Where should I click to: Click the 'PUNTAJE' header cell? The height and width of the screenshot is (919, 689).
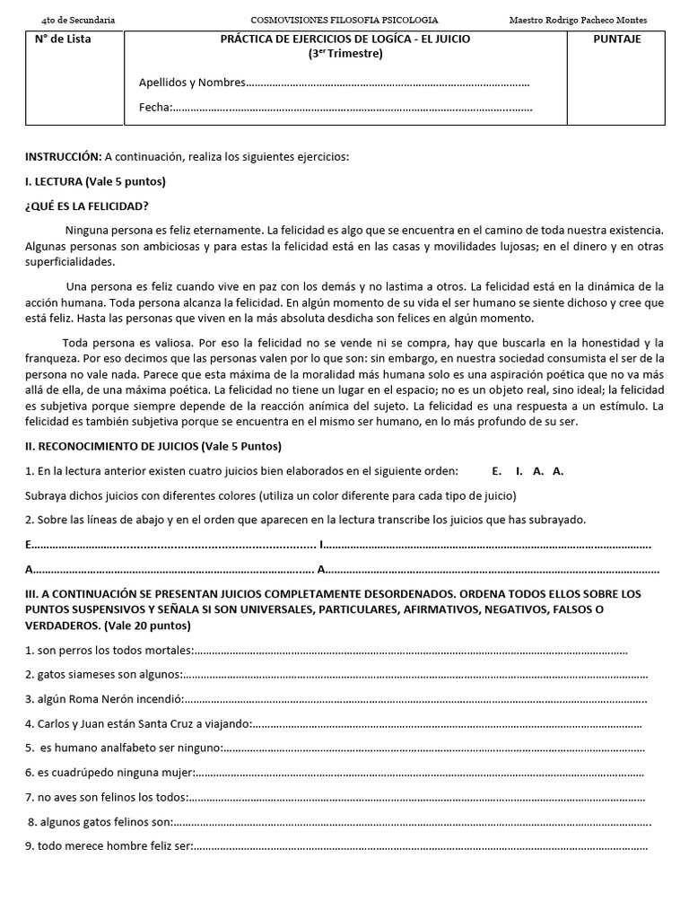617,39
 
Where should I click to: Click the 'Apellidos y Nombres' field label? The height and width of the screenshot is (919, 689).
191,83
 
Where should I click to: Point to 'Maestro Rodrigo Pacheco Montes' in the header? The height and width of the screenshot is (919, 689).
577,20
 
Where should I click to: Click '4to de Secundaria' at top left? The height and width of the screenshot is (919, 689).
72,20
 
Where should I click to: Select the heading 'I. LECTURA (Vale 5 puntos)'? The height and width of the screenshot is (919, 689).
95,181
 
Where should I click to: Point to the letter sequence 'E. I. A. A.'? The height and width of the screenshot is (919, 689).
528,471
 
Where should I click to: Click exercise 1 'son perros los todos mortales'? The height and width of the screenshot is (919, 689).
109,651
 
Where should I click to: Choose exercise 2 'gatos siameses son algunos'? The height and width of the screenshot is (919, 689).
103,675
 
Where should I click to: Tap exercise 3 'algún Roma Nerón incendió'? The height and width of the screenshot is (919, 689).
103,699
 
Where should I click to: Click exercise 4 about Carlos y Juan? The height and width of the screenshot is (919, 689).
139,723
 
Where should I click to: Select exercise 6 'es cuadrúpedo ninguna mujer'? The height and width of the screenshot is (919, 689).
109,772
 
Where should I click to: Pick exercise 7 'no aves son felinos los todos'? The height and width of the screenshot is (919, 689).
106,796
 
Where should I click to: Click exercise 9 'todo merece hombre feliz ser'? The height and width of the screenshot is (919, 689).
109,845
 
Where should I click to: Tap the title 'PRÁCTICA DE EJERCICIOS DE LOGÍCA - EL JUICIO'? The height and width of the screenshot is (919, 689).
344,39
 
